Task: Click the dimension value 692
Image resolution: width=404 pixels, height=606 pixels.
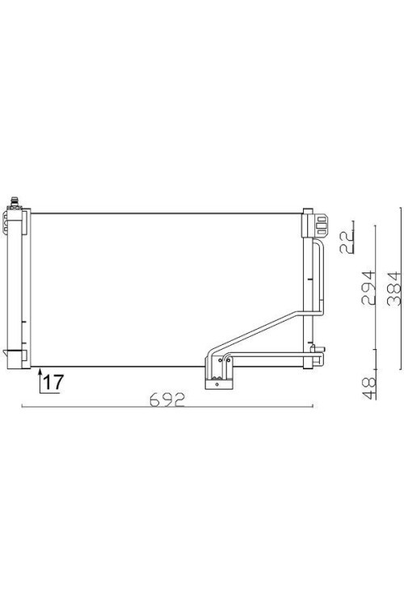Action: point(167,400)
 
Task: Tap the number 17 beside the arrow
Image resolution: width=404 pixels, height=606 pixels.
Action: point(53,382)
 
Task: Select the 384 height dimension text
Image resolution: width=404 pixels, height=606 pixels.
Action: point(394,288)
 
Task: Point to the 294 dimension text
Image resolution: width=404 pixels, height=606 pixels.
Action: point(368,288)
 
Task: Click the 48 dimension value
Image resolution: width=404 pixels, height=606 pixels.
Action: point(368,388)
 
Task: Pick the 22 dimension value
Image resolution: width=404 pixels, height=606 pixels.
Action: point(347,242)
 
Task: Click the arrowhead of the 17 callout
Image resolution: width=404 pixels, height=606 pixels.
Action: point(40,372)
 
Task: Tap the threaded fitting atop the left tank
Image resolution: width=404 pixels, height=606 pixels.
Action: point(15,203)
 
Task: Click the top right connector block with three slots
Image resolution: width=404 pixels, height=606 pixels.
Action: point(321,225)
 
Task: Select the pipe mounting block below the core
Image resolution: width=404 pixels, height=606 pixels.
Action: point(218,384)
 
